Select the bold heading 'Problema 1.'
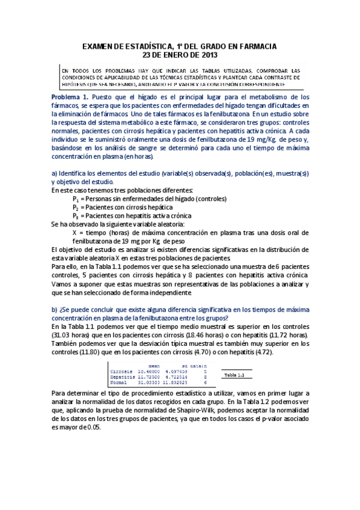[70, 97]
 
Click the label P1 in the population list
[76, 198]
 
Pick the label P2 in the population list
[76, 207]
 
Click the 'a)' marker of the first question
[54, 173]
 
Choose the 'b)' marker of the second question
[54, 310]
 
